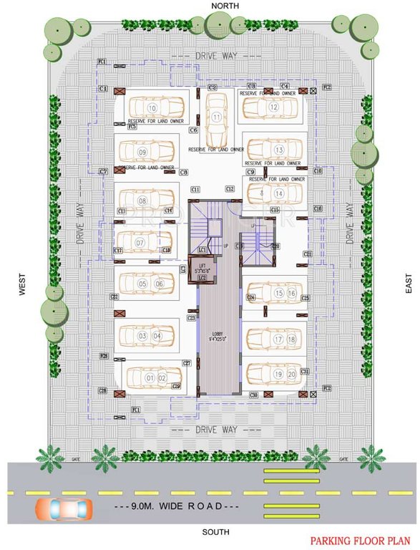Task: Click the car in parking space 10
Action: [x=153, y=109]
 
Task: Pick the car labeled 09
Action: [x=146, y=152]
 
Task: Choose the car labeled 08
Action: [x=146, y=201]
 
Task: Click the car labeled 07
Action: [x=144, y=243]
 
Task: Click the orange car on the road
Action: [x=64, y=509]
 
